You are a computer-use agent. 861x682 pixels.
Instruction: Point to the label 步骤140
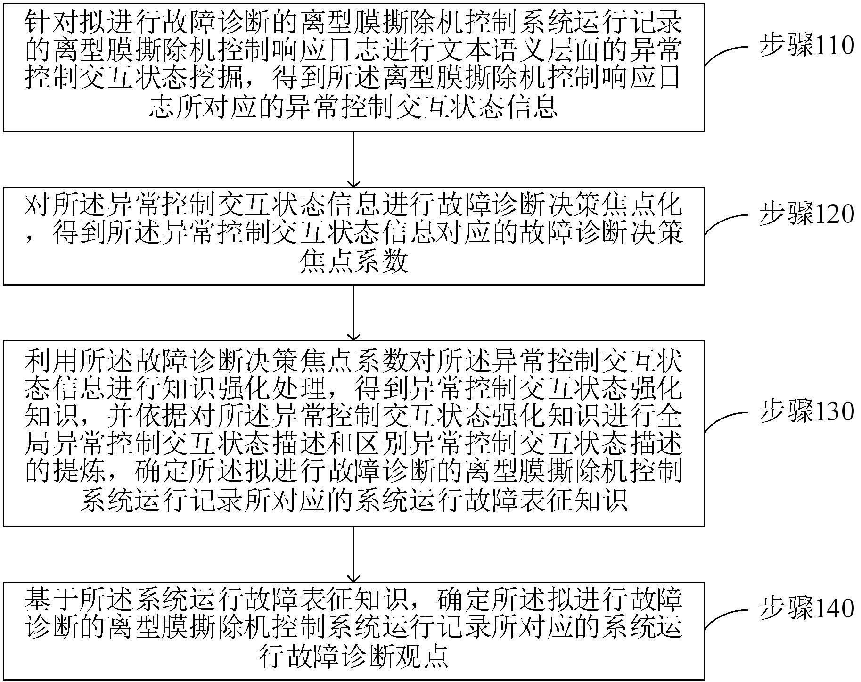click(x=806, y=608)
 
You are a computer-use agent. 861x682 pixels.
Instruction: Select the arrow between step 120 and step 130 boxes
click(x=353, y=312)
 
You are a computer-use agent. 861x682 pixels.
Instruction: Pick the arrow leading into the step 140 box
click(x=353, y=554)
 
